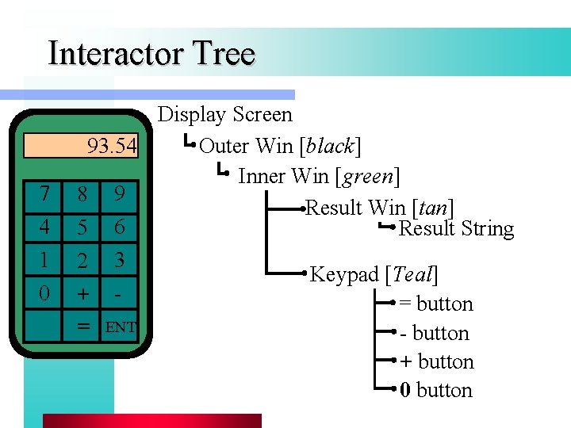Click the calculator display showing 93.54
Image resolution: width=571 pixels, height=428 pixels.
tap(81, 147)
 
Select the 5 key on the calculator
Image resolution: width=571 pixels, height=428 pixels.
tap(82, 227)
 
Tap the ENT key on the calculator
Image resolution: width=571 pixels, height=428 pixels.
tap(121, 326)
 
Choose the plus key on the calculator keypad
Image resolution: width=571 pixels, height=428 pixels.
tap(82, 293)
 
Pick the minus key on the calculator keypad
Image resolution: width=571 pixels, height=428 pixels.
tap(119, 293)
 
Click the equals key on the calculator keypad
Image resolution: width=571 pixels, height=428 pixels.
tap(82, 326)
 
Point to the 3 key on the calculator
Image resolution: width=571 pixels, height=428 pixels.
tap(119, 260)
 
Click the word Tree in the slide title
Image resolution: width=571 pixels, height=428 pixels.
tap(222, 54)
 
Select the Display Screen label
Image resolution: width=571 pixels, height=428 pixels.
tap(225, 115)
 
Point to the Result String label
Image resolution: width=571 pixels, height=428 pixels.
tap(456, 229)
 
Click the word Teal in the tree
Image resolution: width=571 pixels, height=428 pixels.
tap(412, 275)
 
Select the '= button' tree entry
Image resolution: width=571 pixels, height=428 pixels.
tap(435, 304)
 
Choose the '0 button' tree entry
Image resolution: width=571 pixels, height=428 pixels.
tap(435, 390)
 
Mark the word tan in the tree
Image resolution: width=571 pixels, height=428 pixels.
tap(432, 208)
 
